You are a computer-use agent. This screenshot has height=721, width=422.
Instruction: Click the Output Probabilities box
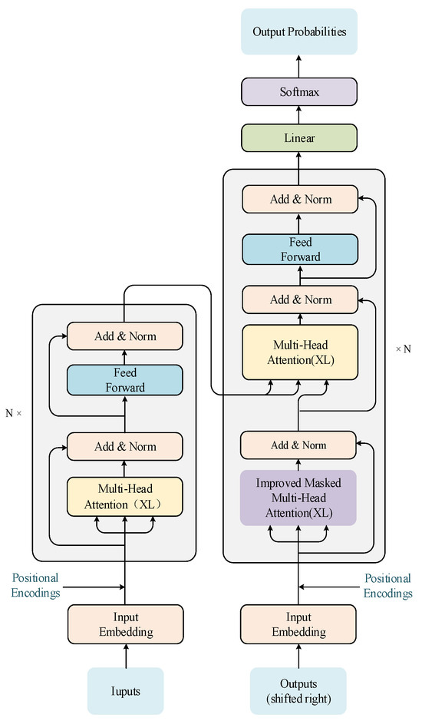[298, 32]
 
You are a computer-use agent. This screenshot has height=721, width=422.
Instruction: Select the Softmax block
[298, 91]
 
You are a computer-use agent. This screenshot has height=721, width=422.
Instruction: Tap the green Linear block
[298, 138]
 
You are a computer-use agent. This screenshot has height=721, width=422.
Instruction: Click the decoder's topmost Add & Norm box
[298, 199]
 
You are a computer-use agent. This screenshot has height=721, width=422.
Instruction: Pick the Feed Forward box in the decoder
[298, 250]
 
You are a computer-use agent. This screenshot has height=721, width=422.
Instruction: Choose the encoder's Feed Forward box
[125, 380]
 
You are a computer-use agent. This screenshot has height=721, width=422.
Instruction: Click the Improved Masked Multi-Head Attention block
[298, 498]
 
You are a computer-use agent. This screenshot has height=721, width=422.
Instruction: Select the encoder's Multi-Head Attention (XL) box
[125, 497]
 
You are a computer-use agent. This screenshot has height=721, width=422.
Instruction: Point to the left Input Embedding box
[125, 625]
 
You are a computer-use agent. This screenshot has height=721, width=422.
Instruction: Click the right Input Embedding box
[298, 625]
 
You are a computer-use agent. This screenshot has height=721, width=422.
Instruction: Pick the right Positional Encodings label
[387, 585]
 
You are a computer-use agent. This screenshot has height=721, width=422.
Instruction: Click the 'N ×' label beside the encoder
[14, 413]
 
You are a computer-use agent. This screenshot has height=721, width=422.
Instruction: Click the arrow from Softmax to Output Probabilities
[298, 66]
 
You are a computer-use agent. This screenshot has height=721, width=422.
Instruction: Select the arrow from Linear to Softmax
[298, 115]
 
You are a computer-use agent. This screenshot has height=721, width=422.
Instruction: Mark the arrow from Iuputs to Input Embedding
[125, 656]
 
